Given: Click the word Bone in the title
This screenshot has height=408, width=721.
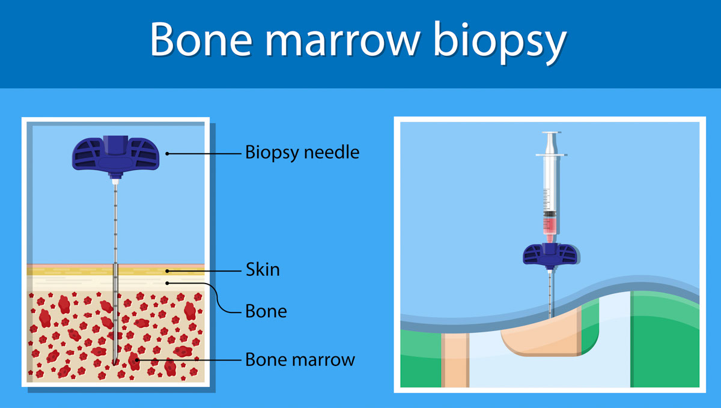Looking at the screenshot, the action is point(201,39).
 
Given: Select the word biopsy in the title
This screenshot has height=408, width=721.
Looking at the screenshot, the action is point(500,43).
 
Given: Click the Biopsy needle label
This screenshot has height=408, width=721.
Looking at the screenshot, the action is point(302,152).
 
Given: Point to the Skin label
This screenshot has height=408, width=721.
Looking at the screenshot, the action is point(263,269).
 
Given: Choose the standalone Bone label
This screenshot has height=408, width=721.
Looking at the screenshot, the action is point(266,311).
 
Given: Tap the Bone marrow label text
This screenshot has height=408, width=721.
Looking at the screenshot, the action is point(300,359).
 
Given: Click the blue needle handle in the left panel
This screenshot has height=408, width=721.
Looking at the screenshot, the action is point(115,155).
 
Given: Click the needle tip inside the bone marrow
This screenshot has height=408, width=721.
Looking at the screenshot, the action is point(115,364).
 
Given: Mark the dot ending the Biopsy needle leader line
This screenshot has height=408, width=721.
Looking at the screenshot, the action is point(167,154).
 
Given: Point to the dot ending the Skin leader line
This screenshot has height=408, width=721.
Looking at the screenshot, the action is point(167,271).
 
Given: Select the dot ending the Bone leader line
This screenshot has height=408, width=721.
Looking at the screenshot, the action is point(167,283).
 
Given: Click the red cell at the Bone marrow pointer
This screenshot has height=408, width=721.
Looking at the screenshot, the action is point(134,361).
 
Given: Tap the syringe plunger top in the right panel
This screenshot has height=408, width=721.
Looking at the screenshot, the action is point(551,132).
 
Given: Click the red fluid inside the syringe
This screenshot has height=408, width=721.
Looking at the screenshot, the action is point(550,226).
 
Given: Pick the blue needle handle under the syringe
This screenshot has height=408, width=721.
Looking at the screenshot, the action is point(550,255).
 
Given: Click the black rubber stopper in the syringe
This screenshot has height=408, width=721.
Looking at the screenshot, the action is point(550,214).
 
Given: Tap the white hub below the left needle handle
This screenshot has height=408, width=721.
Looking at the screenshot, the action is point(115,181).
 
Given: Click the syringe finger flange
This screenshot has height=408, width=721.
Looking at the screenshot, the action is point(551,155).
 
